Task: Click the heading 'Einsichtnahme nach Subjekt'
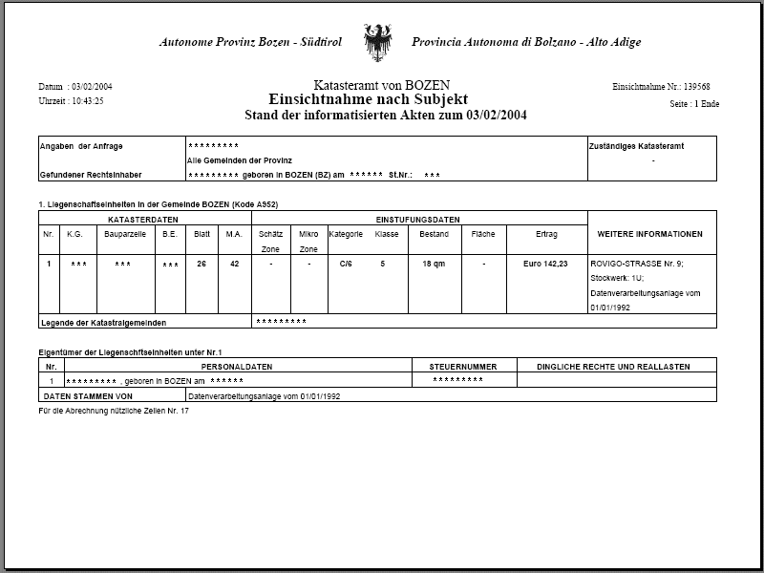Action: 368,99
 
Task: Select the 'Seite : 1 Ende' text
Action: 694,103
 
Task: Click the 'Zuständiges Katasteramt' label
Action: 636,146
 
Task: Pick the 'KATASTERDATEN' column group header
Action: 144,219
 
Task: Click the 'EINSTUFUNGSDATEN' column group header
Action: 420,219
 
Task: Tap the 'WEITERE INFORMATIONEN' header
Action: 649,234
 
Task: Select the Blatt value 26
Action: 202,263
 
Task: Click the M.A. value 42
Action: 234,263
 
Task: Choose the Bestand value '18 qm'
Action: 434,263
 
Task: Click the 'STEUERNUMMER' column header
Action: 465,366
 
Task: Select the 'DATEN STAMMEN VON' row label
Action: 89,394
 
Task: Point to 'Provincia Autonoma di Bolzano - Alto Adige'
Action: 526,42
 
